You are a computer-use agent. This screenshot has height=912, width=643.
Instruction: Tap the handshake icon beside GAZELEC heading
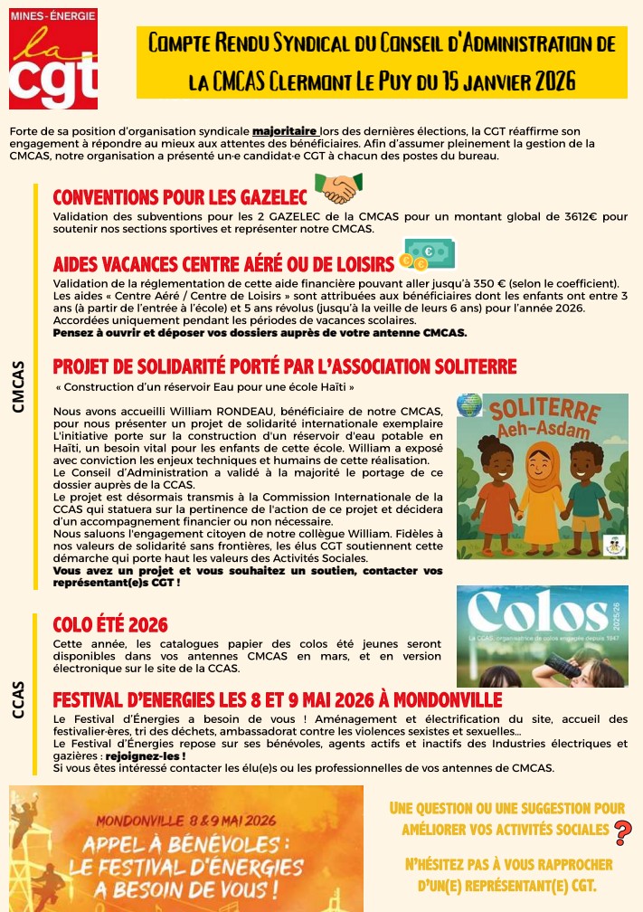tap(337, 189)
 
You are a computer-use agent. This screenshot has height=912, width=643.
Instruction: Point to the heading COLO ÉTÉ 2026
tap(110, 624)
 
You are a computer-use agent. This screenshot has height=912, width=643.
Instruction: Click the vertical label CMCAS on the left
tap(18, 386)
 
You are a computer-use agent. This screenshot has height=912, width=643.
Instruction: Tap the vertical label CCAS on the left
tap(18, 699)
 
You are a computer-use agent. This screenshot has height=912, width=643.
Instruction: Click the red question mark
tap(622, 831)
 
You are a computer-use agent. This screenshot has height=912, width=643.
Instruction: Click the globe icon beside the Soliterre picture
tap(469, 404)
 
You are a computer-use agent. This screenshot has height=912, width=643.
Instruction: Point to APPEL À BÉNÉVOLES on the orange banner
tap(185, 850)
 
